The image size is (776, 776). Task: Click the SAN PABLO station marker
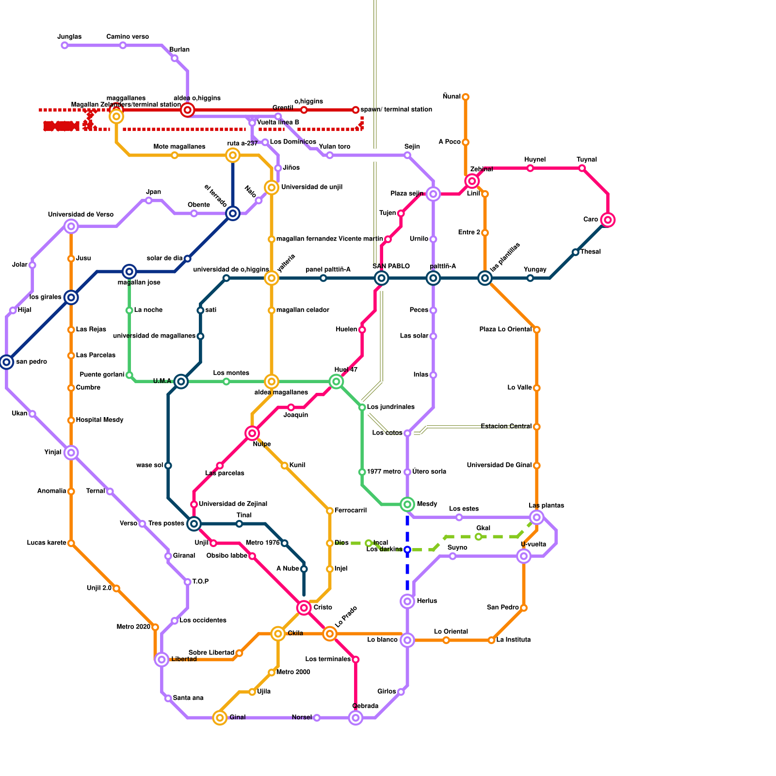tap(382, 278)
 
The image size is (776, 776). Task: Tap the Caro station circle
tap(608, 220)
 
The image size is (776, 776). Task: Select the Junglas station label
tap(69, 37)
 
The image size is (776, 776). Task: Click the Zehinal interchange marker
tap(472, 181)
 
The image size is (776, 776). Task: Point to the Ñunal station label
tap(452, 97)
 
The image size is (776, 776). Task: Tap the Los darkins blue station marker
tap(407, 550)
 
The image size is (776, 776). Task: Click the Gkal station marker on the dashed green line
tap(479, 536)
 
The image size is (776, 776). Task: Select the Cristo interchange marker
tap(304, 608)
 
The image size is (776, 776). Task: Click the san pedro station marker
tap(6, 362)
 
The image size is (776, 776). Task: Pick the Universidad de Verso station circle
tap(71, 226)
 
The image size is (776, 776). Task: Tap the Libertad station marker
tap(162, 659)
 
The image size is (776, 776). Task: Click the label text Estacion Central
tap(506, 426)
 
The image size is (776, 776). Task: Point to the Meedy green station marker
tap(407, 504)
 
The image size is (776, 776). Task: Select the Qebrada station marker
tap(356, 718)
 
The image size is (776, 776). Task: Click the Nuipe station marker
tap(252, 433)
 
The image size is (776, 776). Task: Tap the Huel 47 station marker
tap(336, 382)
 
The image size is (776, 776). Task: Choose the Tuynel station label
tap(587, 160)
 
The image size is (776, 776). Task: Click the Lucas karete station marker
tap(71, 543)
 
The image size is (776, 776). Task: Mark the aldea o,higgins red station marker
tap(188, 110)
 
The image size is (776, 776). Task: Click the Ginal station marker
tap(220, 718)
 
